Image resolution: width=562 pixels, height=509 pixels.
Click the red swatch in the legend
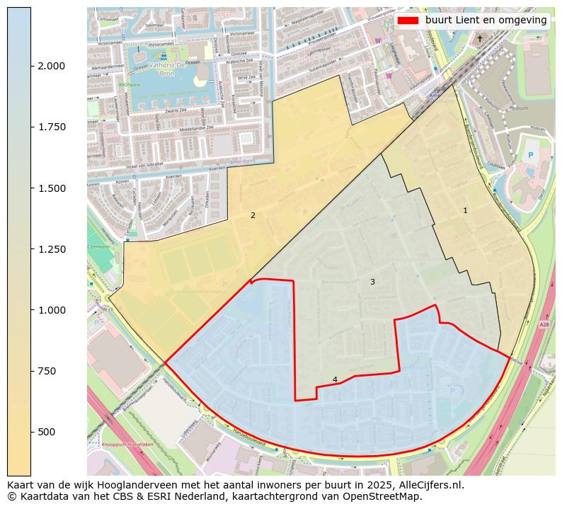pos(408,21)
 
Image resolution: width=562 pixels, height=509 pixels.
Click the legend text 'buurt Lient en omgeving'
pos(486,21)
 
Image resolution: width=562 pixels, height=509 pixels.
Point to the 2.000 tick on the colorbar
pos(51,66)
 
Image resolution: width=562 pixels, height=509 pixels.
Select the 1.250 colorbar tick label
pos(51,249)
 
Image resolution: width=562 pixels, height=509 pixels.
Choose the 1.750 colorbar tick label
pos(51,127)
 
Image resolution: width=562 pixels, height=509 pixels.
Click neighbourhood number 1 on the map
pos(465,210)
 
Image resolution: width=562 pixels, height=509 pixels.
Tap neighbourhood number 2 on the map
pos(253,215)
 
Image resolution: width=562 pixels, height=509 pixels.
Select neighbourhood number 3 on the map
pos(372,282)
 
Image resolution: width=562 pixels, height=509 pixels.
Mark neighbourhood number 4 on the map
pos(335,379)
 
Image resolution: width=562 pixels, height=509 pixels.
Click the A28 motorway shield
pos(544,325)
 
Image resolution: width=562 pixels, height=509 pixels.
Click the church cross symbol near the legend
pos(480,38)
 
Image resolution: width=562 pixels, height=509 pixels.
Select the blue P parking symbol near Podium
pos(530,155)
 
